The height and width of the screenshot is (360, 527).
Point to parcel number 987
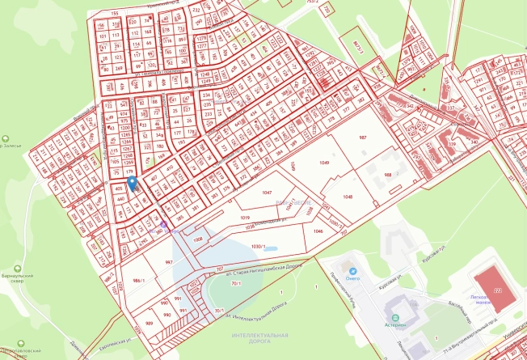pyautogui.click(x=363, y=138)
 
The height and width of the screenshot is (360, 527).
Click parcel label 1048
pyautogui.click(x=348, y=197)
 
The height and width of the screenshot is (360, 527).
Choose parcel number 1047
pyautogui.click(x=268, y=193)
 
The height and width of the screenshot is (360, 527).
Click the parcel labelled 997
pyautogui.click(x=169, y=263)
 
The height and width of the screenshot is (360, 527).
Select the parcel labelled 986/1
pyautogui.click(x=137, y=280)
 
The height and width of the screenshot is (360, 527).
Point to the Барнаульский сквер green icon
pyautogui.click(x=18, y=270)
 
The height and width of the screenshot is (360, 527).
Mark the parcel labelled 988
pyautogui.click(x=388, y=175)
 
